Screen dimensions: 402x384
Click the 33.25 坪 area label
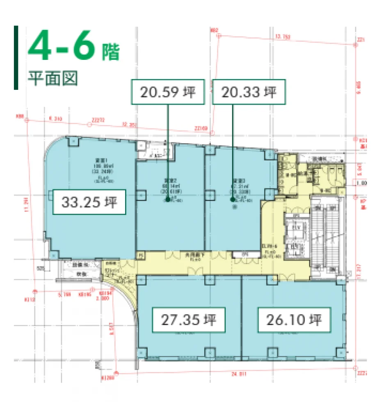point(89,202)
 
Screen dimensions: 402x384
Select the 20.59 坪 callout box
point(168,92)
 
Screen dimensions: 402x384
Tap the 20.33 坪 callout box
point(249,92)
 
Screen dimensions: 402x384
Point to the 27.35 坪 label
point(189,319)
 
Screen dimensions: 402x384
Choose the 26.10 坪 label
point(294,319)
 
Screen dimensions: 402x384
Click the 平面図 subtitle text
point(53,78)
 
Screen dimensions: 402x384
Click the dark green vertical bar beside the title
point(16,57)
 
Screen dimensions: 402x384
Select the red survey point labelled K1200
point(117,373)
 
